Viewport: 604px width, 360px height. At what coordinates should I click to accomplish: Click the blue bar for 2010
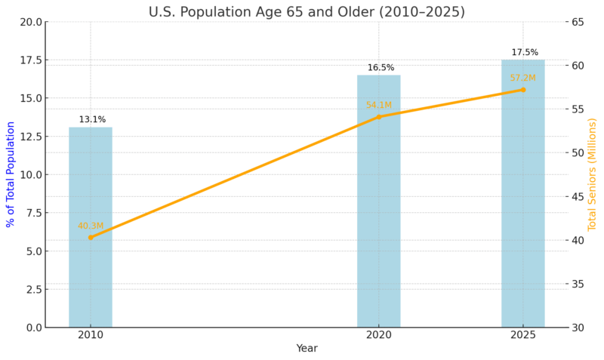(x=91, y=226)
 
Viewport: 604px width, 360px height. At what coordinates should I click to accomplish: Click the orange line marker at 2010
(x=91, y=237)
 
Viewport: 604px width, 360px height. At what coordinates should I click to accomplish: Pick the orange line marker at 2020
(x=378, y=116)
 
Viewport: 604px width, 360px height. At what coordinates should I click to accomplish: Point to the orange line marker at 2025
(x=522, y=90)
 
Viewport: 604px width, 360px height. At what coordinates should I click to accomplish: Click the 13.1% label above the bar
(x=92, y=119)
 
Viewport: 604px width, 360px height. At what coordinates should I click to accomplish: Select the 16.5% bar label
(x=381, y=68)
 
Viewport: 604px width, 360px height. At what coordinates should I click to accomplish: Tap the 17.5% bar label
(x=525, y=53)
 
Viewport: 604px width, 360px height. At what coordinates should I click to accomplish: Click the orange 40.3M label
(x=91, y=226)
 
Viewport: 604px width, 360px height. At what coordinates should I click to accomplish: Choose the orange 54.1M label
(x=378, y=106)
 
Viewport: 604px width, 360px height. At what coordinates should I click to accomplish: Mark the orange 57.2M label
(x=522, y=78)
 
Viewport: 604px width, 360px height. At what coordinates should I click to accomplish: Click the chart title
(x=317, y=12)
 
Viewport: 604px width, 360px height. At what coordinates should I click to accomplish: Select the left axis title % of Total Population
(x=11, y=174)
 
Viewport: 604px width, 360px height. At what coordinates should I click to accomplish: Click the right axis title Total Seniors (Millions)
(x=592, y=174)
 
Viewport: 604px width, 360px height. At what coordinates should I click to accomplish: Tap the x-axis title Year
(x=307, y=348)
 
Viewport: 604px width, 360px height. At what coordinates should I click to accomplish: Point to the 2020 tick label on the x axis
(x=378, y=335)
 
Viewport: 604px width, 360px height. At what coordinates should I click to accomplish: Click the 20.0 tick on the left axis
(x=31, y=22)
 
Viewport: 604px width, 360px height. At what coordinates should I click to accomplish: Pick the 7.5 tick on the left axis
(x=33, y=213)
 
